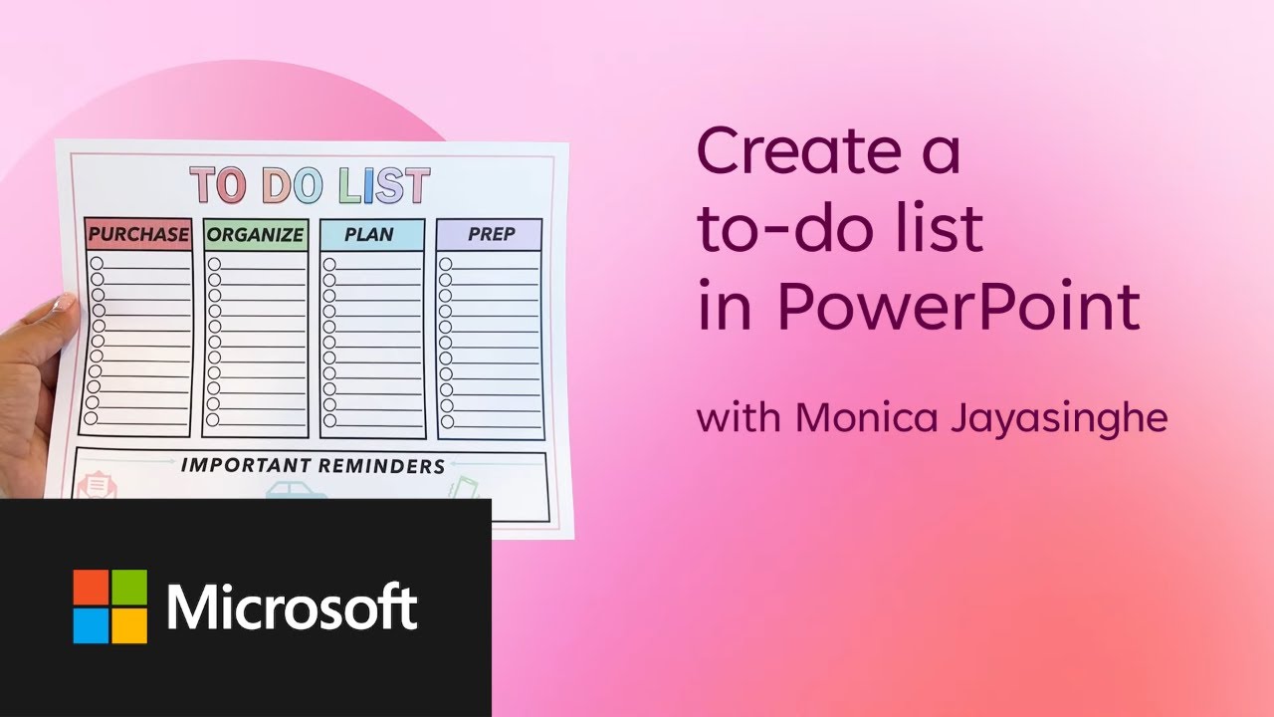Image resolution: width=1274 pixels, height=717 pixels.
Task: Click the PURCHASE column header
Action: (x=137, y=235)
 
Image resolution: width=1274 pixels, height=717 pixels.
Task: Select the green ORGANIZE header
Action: (x=255, y=235)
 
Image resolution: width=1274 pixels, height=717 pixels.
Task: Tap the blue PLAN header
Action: (x=370, y=235)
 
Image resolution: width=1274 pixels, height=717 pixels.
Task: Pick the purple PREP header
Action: (x=491, y=235)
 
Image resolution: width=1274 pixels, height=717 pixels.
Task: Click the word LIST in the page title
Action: (x=383, y=186)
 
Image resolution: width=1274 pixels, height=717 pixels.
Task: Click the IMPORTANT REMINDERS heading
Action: (x=312, y=465)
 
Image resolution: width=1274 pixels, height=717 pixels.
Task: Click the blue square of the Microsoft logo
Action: (x=91, y=625)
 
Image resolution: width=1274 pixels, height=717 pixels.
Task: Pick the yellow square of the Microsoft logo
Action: (x=129, y=625)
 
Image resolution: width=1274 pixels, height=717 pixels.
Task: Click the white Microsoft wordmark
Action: (x=291, y=606)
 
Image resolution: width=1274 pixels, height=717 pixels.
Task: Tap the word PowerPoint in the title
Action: (x=958, y=308)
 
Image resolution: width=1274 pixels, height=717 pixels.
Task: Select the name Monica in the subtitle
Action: (x=865, y=417)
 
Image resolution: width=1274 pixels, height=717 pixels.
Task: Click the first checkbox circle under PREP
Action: (x=446, y=264)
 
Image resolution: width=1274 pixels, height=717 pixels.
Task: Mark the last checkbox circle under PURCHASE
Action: (x=92, y=418)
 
